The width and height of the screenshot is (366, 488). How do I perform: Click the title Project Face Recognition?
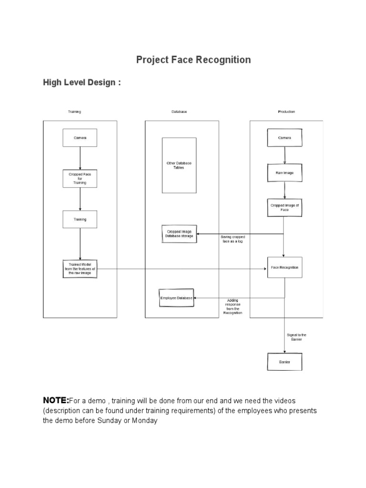coord(193,60)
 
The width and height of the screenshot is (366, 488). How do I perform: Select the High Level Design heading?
coord(82,83)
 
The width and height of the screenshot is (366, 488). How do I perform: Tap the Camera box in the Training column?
coord(80,138)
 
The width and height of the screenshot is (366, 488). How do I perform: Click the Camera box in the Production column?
coord(285,138)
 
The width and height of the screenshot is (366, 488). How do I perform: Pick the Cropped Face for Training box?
coord(80,179)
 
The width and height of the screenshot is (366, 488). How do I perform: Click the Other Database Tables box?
coord(179,165)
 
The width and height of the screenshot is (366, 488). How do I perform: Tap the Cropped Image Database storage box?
coord(179,234)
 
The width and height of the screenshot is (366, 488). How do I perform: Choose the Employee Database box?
coord(176,298)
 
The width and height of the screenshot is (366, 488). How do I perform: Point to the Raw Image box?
coord(285,173)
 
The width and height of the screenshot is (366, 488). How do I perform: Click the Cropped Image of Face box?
coord(285,207)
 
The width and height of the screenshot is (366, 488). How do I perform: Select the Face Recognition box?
coord(285,268)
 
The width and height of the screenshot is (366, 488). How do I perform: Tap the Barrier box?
coord(285,362)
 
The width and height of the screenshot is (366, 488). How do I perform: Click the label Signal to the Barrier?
coord(297,337)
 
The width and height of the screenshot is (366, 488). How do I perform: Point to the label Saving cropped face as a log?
coord(232,239)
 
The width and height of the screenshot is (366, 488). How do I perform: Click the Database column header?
coord(179,112)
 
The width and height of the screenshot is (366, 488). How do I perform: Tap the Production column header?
coord(286,112)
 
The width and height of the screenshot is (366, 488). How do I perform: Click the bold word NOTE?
coord(56,399)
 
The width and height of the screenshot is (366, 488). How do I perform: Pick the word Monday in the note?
coord(144,421)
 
